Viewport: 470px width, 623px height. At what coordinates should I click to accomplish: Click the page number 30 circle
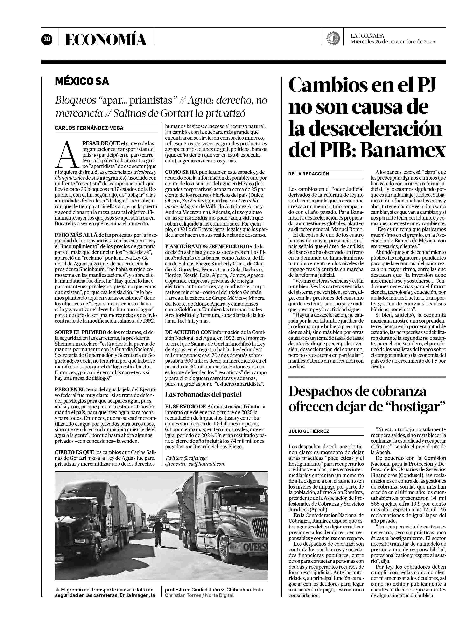[x=47, y=39]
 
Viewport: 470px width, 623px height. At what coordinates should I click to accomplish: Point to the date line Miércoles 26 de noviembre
[x=393, y=42]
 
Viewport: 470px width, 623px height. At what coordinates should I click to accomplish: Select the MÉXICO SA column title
[x=82, y=81]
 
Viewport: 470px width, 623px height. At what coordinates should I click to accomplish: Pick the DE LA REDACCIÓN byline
[x=309, y=174]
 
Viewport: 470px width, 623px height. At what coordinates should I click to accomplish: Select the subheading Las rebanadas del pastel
[x=203, y=394]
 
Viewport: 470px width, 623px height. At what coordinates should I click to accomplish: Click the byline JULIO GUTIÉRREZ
[x=309, y=431]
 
